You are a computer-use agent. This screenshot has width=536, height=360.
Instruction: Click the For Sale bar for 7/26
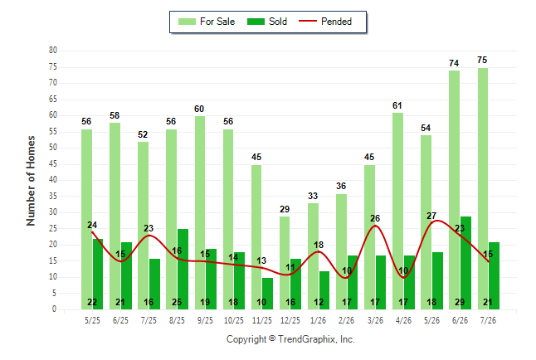point(483,189)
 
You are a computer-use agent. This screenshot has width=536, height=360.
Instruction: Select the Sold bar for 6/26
point(465,263)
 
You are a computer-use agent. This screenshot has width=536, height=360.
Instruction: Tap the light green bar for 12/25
point(285,263)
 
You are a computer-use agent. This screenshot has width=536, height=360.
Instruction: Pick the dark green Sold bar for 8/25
point(183,270)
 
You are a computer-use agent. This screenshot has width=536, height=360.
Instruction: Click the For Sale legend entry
point(207,22)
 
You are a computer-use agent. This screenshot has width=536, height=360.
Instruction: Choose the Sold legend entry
point(267,22)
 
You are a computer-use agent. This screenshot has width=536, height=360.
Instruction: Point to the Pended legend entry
point(325,22)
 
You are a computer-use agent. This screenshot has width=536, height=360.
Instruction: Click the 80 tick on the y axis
point(53,51)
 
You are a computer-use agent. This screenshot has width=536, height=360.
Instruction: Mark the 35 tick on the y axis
point(53,197)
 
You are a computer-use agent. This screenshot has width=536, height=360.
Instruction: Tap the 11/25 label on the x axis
point(262,320)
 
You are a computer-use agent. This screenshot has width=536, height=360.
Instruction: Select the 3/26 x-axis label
point(375,320)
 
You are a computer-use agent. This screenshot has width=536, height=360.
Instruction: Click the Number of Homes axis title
point(31,181)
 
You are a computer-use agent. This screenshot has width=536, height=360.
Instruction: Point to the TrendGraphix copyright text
point(290,339)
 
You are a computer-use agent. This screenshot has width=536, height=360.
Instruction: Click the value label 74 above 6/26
point(454,63)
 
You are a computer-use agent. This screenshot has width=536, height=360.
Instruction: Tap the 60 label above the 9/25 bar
point(199,109)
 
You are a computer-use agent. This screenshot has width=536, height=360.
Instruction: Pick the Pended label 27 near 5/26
point(431,216)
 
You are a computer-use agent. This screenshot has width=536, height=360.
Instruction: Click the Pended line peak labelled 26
point(375,226)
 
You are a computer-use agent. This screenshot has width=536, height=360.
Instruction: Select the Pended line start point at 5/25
point(92,232)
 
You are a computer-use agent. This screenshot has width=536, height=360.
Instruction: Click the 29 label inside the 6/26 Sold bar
point(460,302)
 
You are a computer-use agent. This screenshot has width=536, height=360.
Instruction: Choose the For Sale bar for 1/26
point(313,256)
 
